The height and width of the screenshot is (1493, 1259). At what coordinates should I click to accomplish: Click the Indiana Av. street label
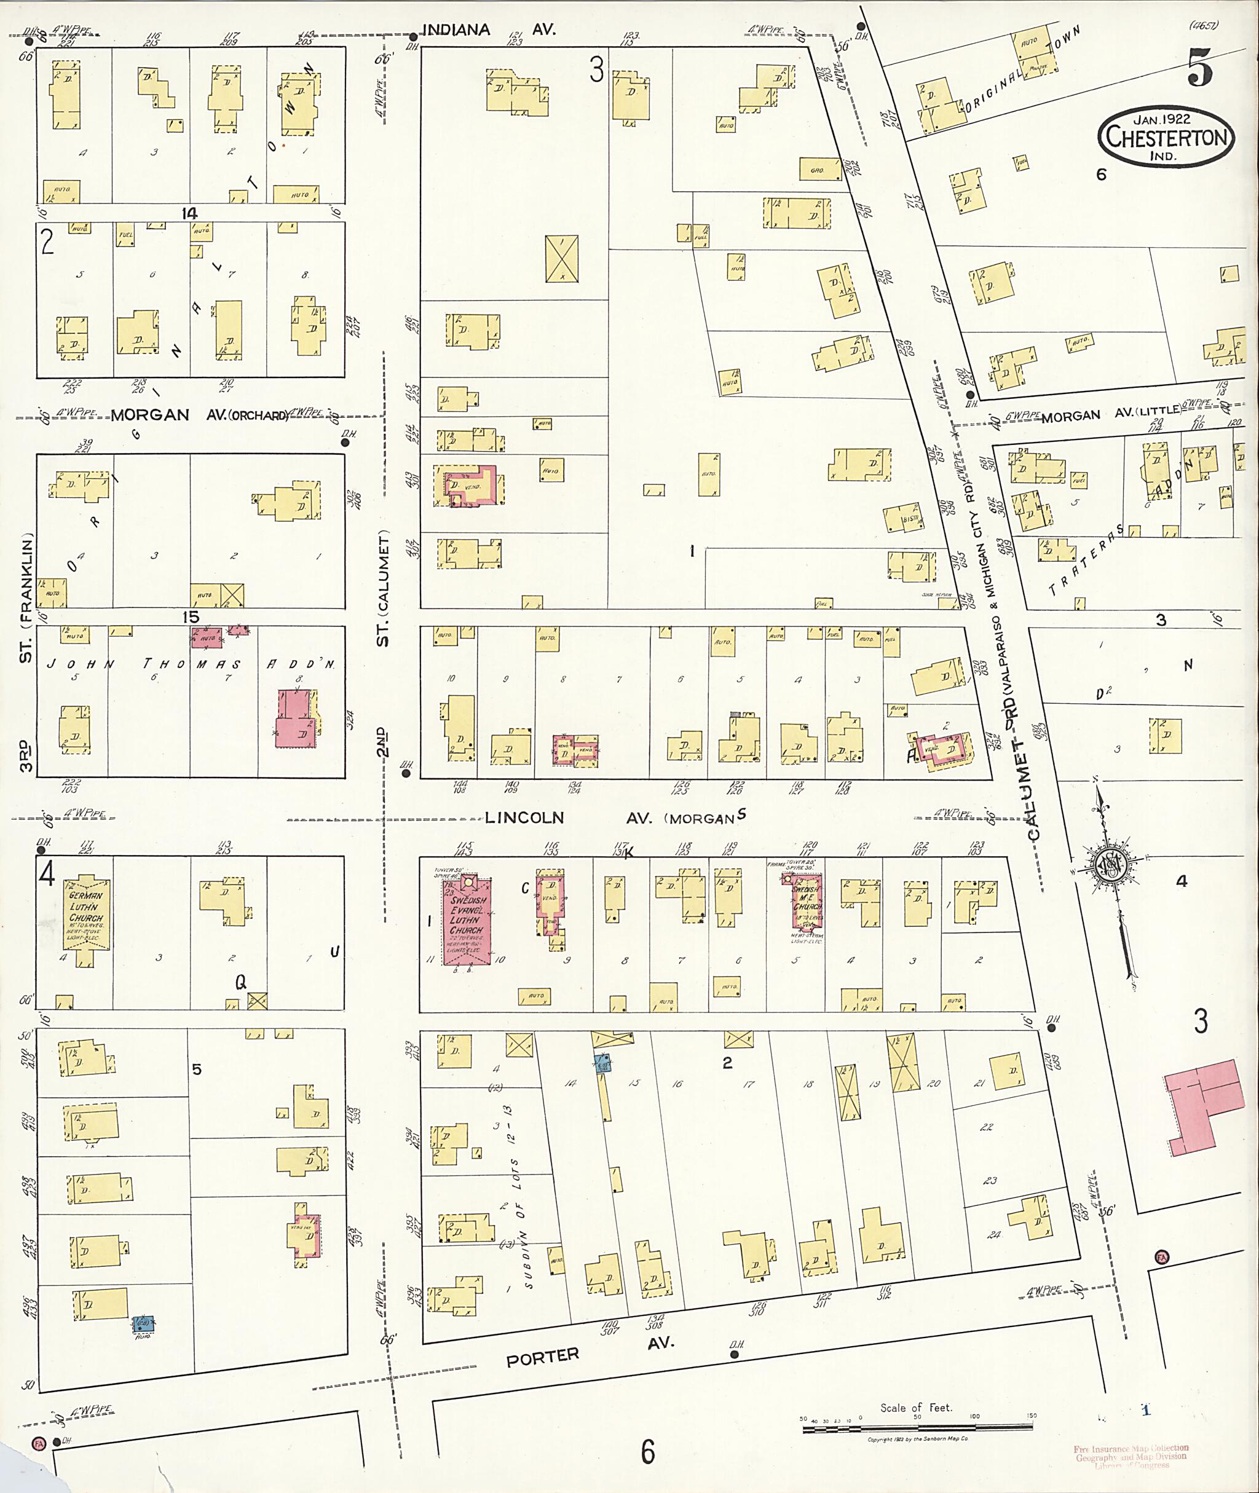pos(488,30)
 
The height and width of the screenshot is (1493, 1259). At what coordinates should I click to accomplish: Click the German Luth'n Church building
pos(85,919)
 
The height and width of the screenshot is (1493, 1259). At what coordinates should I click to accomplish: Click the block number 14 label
pos(189,213)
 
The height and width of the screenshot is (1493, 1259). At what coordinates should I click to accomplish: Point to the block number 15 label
pos(191,617)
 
